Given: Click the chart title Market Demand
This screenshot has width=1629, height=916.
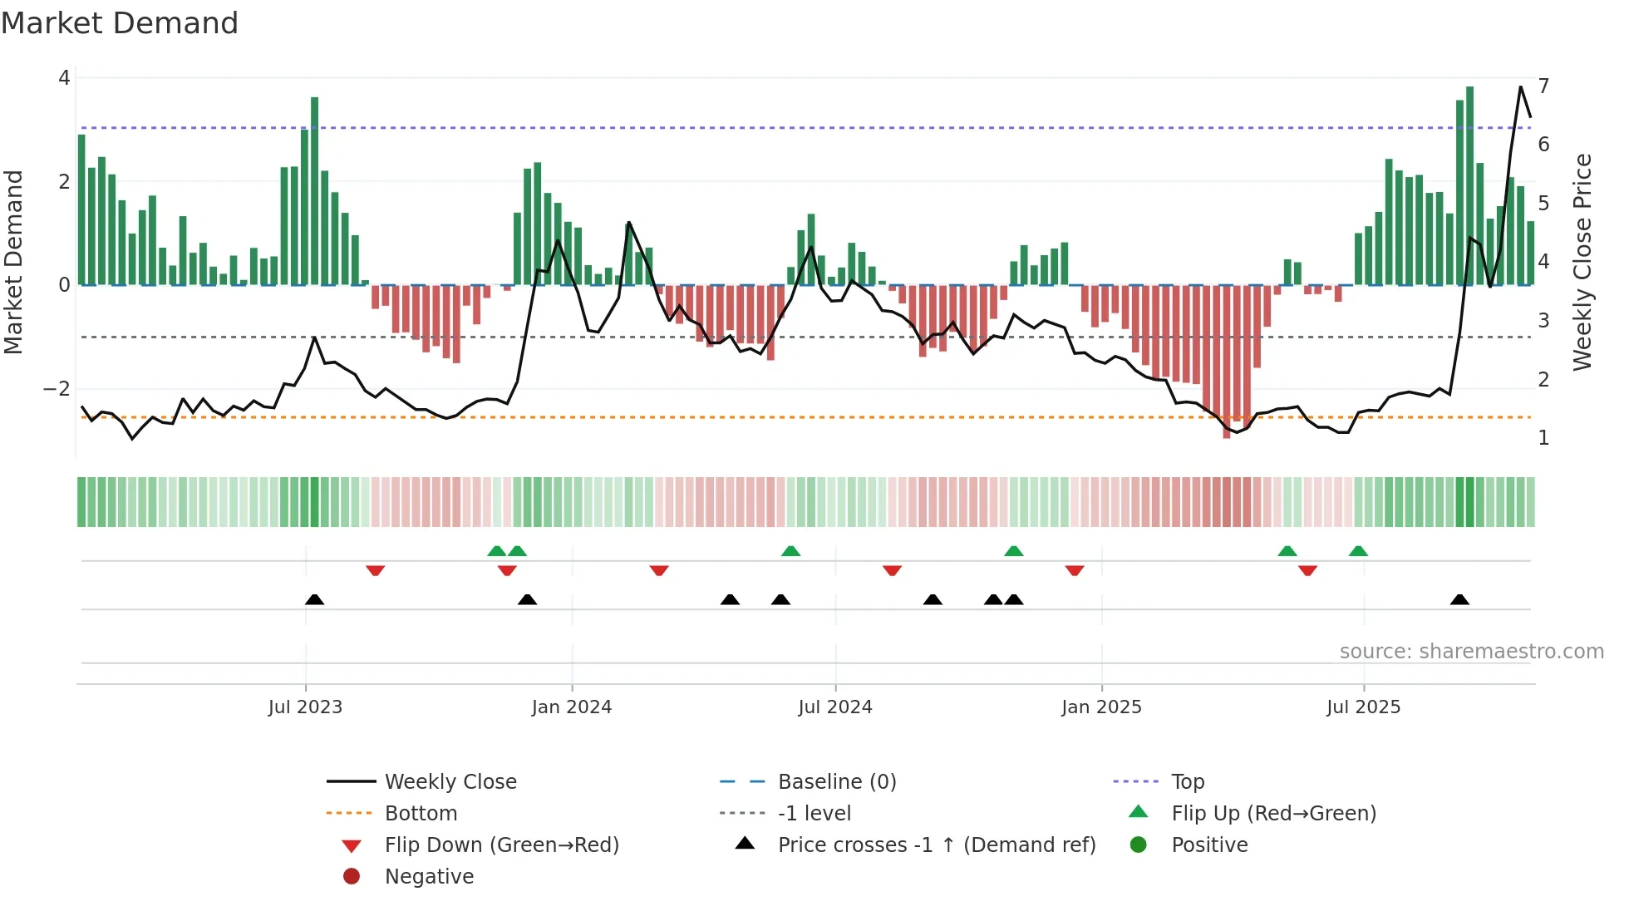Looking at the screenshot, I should click(120, 23).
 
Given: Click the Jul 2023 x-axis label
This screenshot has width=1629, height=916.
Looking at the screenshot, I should click(305, 707).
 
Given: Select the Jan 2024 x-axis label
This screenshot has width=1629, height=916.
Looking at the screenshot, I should click(572, 707).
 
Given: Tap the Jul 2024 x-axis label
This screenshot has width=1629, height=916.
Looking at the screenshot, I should click(835, 707).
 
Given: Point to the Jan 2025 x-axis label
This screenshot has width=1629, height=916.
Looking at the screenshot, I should click(1101, 707).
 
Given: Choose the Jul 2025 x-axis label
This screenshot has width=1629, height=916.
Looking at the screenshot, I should click(1363, 707).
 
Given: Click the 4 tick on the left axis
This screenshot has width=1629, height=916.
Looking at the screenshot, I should click(64, 78).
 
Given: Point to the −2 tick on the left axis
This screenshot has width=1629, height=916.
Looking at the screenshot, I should click(57, 389).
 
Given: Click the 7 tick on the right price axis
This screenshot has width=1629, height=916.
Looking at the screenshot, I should click(1543, 86).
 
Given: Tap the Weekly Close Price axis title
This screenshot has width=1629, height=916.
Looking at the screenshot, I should click(1582, 262).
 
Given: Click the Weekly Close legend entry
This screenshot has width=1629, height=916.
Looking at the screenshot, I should click(450, 782).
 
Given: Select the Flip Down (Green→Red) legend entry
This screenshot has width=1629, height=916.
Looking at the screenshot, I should click(501, 845).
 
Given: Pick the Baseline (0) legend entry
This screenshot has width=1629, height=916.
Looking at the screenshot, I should click(836, 782).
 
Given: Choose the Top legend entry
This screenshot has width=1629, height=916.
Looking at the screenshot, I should click(1188, 782).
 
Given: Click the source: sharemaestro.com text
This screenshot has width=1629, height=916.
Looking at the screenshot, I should click(1471, 652).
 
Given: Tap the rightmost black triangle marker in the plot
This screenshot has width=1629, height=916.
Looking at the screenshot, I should click(1459, 600).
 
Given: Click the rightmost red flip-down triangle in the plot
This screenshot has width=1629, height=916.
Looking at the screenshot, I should click(1307, 570).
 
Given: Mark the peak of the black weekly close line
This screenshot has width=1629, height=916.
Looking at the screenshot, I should click(1521, 86).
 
